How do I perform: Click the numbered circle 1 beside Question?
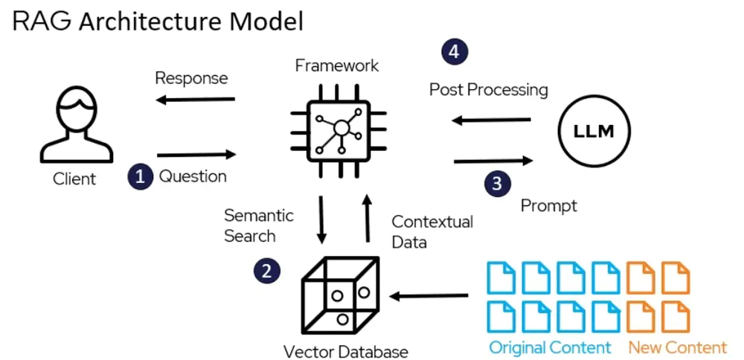(140, 176)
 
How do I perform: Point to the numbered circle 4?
(455, 51)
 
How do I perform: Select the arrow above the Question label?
(196, 155)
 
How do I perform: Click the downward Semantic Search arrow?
(321, 219)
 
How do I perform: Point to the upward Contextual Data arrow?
(368, 218)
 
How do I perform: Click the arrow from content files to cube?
(429, 296)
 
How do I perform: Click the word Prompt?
(549, 205)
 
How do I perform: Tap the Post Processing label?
(489, 90)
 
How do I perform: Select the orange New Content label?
(677, 347)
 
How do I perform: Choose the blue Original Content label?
(550, 347)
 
